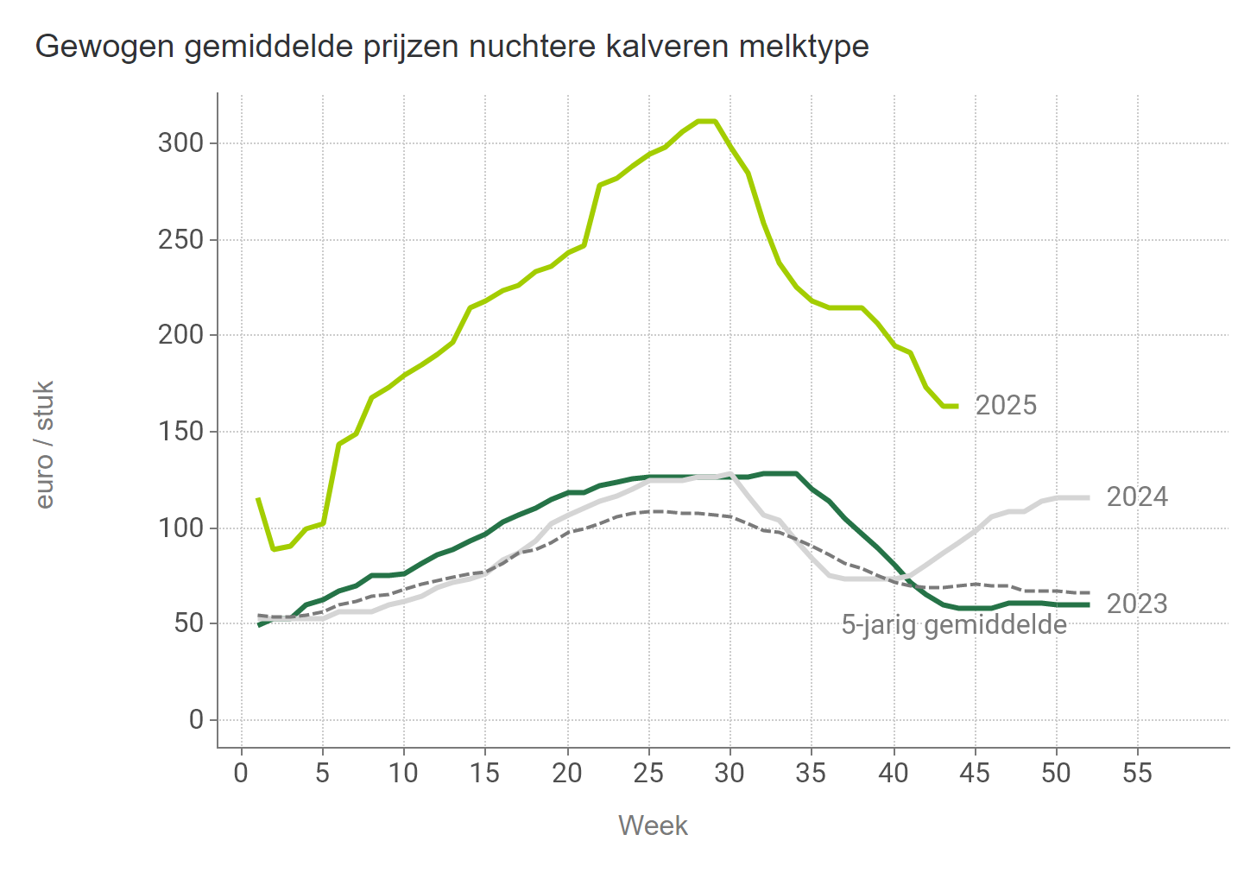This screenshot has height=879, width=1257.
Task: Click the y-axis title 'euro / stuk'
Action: click(x=45, y=445)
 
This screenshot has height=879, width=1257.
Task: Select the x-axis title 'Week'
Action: click(x=653, y=826)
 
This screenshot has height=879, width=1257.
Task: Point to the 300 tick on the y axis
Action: click(x=180, y=142)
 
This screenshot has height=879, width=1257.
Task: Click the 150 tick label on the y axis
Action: click(x=180, y=431)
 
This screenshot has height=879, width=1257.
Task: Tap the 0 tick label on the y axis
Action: click(x=196, y=719)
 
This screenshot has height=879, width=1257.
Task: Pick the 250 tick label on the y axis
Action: click(x=180, y=239)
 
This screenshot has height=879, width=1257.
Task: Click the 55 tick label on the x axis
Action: click(x=1137, y=773)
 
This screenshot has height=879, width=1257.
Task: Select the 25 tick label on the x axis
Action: click(x=648, y=773)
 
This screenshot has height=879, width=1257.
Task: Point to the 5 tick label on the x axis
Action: click(x=322, y=773)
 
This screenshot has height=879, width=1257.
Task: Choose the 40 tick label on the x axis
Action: click(x=894, y=773)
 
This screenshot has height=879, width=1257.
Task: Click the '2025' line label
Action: click(x=1006, y=405)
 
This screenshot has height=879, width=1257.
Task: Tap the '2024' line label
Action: click(x=1137, y=497)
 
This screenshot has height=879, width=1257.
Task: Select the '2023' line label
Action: click(x=1137, y=604)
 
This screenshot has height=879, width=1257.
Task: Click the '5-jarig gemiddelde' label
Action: click(x=954, y=624)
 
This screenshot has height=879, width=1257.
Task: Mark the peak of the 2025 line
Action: click(x=706, y=121)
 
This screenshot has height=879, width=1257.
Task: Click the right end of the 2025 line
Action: click(x=957, y=406)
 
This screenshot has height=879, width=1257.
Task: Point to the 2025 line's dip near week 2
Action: click(x=274, y=548)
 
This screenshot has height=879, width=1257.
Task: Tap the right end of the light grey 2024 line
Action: click(x=1088, y=497)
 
